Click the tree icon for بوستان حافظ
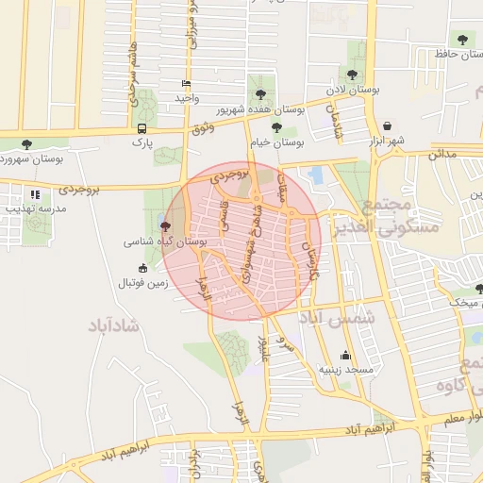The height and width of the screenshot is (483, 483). (x=461, y=39)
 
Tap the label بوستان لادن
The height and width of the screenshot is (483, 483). (x=352, y=90)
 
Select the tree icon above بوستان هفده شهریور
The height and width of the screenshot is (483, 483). (x=259, y=93)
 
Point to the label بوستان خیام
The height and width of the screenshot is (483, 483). (x=276, y=142)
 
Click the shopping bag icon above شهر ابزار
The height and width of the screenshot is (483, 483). (x=387, y=125)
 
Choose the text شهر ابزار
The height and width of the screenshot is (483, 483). (x=387, y=141)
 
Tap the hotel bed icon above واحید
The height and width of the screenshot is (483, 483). (x=186, y=83)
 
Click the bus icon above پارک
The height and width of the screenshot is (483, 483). (x=142, y=128)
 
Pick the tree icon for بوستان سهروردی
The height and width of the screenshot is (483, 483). (x=25, y=144)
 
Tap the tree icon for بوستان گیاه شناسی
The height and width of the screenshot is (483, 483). (x=166, y=226)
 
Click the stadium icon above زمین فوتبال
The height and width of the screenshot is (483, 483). (x=142, y=268)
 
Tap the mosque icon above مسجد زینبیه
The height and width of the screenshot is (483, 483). (x=346, y=356)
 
